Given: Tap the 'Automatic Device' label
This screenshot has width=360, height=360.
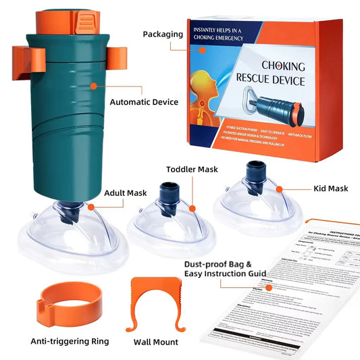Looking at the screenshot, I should pyautogui.click(x=143, y=103).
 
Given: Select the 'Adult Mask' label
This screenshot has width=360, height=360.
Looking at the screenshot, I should pyautogui.click(x=126, y=192).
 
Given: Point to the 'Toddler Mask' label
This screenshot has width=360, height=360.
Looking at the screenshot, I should pyautogui.click(x=192, y=170).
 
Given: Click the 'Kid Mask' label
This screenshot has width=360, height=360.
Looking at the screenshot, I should pyautogui.click(x=331, y=188).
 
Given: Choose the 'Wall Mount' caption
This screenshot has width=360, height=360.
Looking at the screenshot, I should pyautogui.click(x=157, y=342).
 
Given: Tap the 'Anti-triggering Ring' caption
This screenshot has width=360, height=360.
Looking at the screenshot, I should pyautogui.click(x=69, y=342).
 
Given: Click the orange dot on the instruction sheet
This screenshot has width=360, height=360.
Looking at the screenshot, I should pyautogui.click(x=268, y=287).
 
